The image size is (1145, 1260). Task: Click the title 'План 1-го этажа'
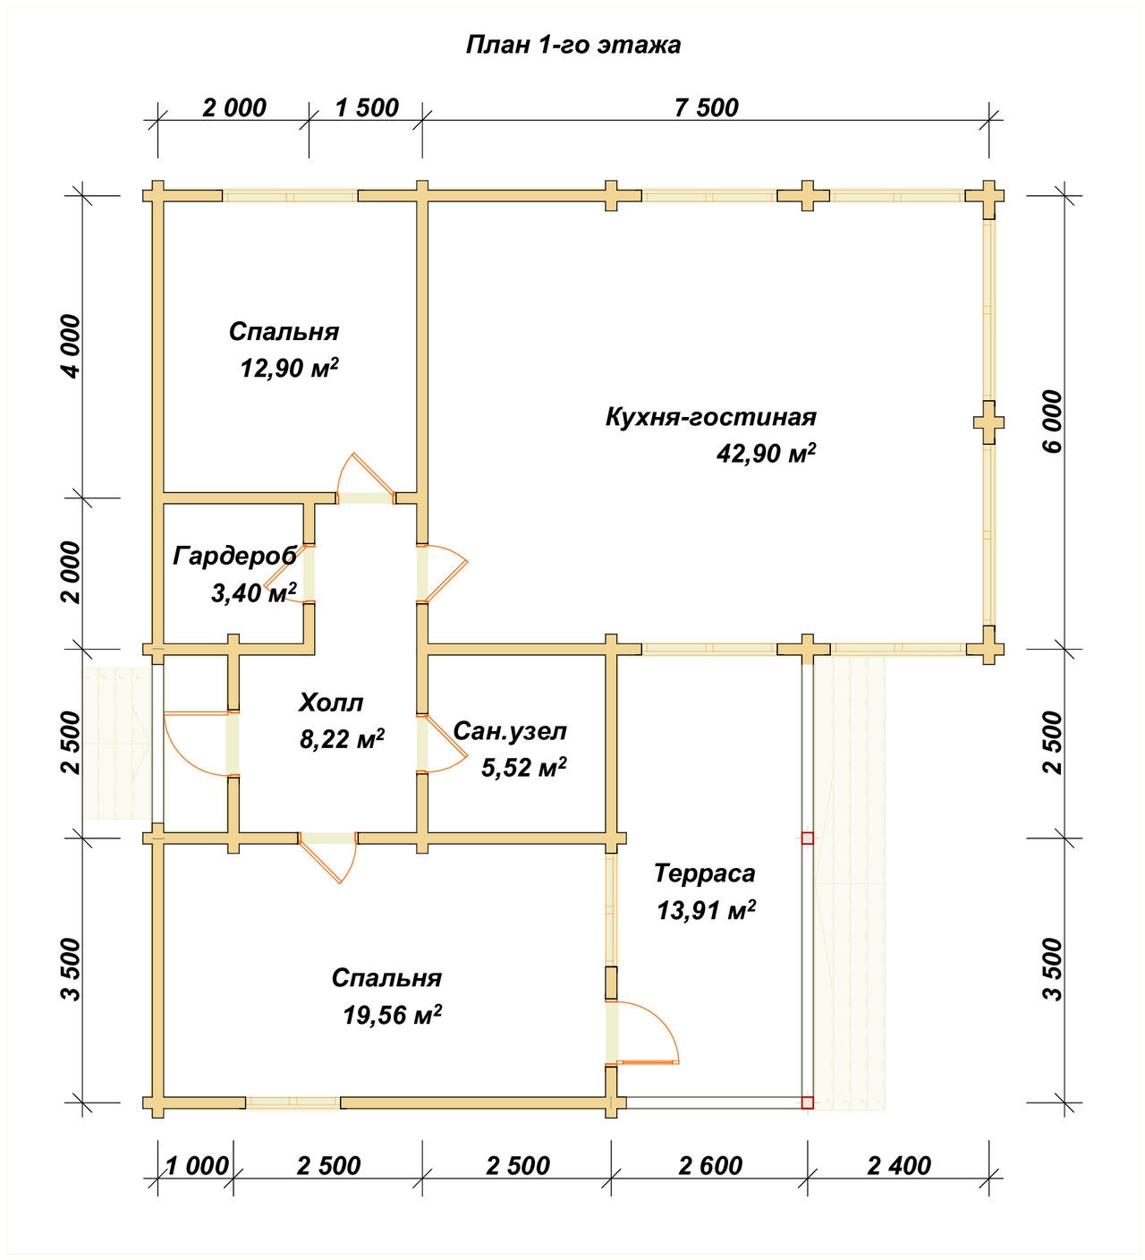[x=572, y=46]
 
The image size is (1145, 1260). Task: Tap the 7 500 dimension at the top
[x=706, y=108]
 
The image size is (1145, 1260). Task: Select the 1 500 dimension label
[x=367, y=108]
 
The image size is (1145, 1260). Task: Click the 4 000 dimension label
[x=72, y=346]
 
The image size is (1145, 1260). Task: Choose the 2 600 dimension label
[x=710, y=1166]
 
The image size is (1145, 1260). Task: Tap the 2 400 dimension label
[x=899, y=1166]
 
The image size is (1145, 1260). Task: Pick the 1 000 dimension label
[x=197, y=1166]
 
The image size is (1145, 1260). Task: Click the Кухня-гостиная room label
[x=711, y=418]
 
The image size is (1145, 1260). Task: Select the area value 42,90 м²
[x=767, y=453]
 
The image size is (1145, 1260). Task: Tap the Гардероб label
[x=235, y=557]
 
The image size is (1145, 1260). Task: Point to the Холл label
[x=331, y=702]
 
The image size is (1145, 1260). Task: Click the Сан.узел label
[x=510, y=731]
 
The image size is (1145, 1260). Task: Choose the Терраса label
[x=705, y=873]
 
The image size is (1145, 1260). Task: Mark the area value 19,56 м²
[x=392, y=1015]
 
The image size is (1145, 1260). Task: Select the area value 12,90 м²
[x=289, y=368]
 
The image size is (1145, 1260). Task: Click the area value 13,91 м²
[x=706, y=910]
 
